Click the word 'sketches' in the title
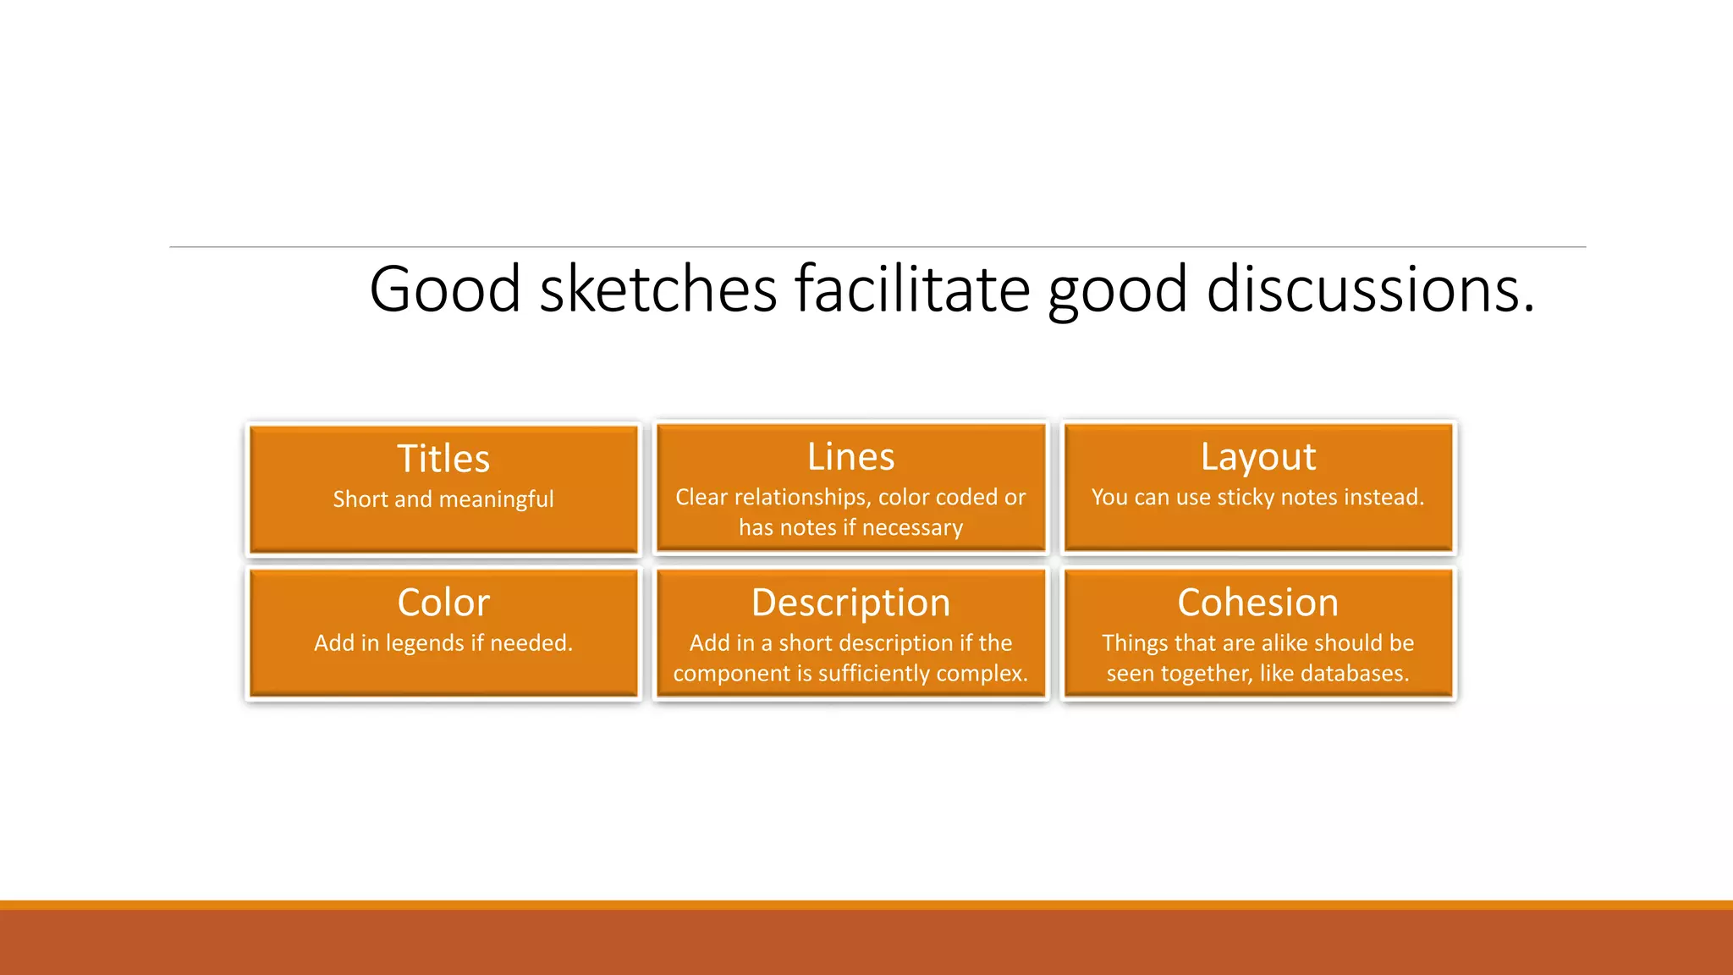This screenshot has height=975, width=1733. (657, 289)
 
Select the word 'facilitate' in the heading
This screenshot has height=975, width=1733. (912, 289)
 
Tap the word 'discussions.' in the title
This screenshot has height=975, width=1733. (1370, 289)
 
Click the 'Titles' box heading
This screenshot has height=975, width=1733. (443, 459)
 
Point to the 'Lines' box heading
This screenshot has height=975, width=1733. (850, 457)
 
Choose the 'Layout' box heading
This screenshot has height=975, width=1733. (1258, 457)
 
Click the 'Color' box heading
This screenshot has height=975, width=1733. (443, 603)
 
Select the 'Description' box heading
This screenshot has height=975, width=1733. (850, 603)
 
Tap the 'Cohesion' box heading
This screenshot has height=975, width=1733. (1258, 603)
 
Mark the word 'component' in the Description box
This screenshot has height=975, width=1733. (730, 674)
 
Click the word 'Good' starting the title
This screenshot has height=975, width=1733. (444, 289)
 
